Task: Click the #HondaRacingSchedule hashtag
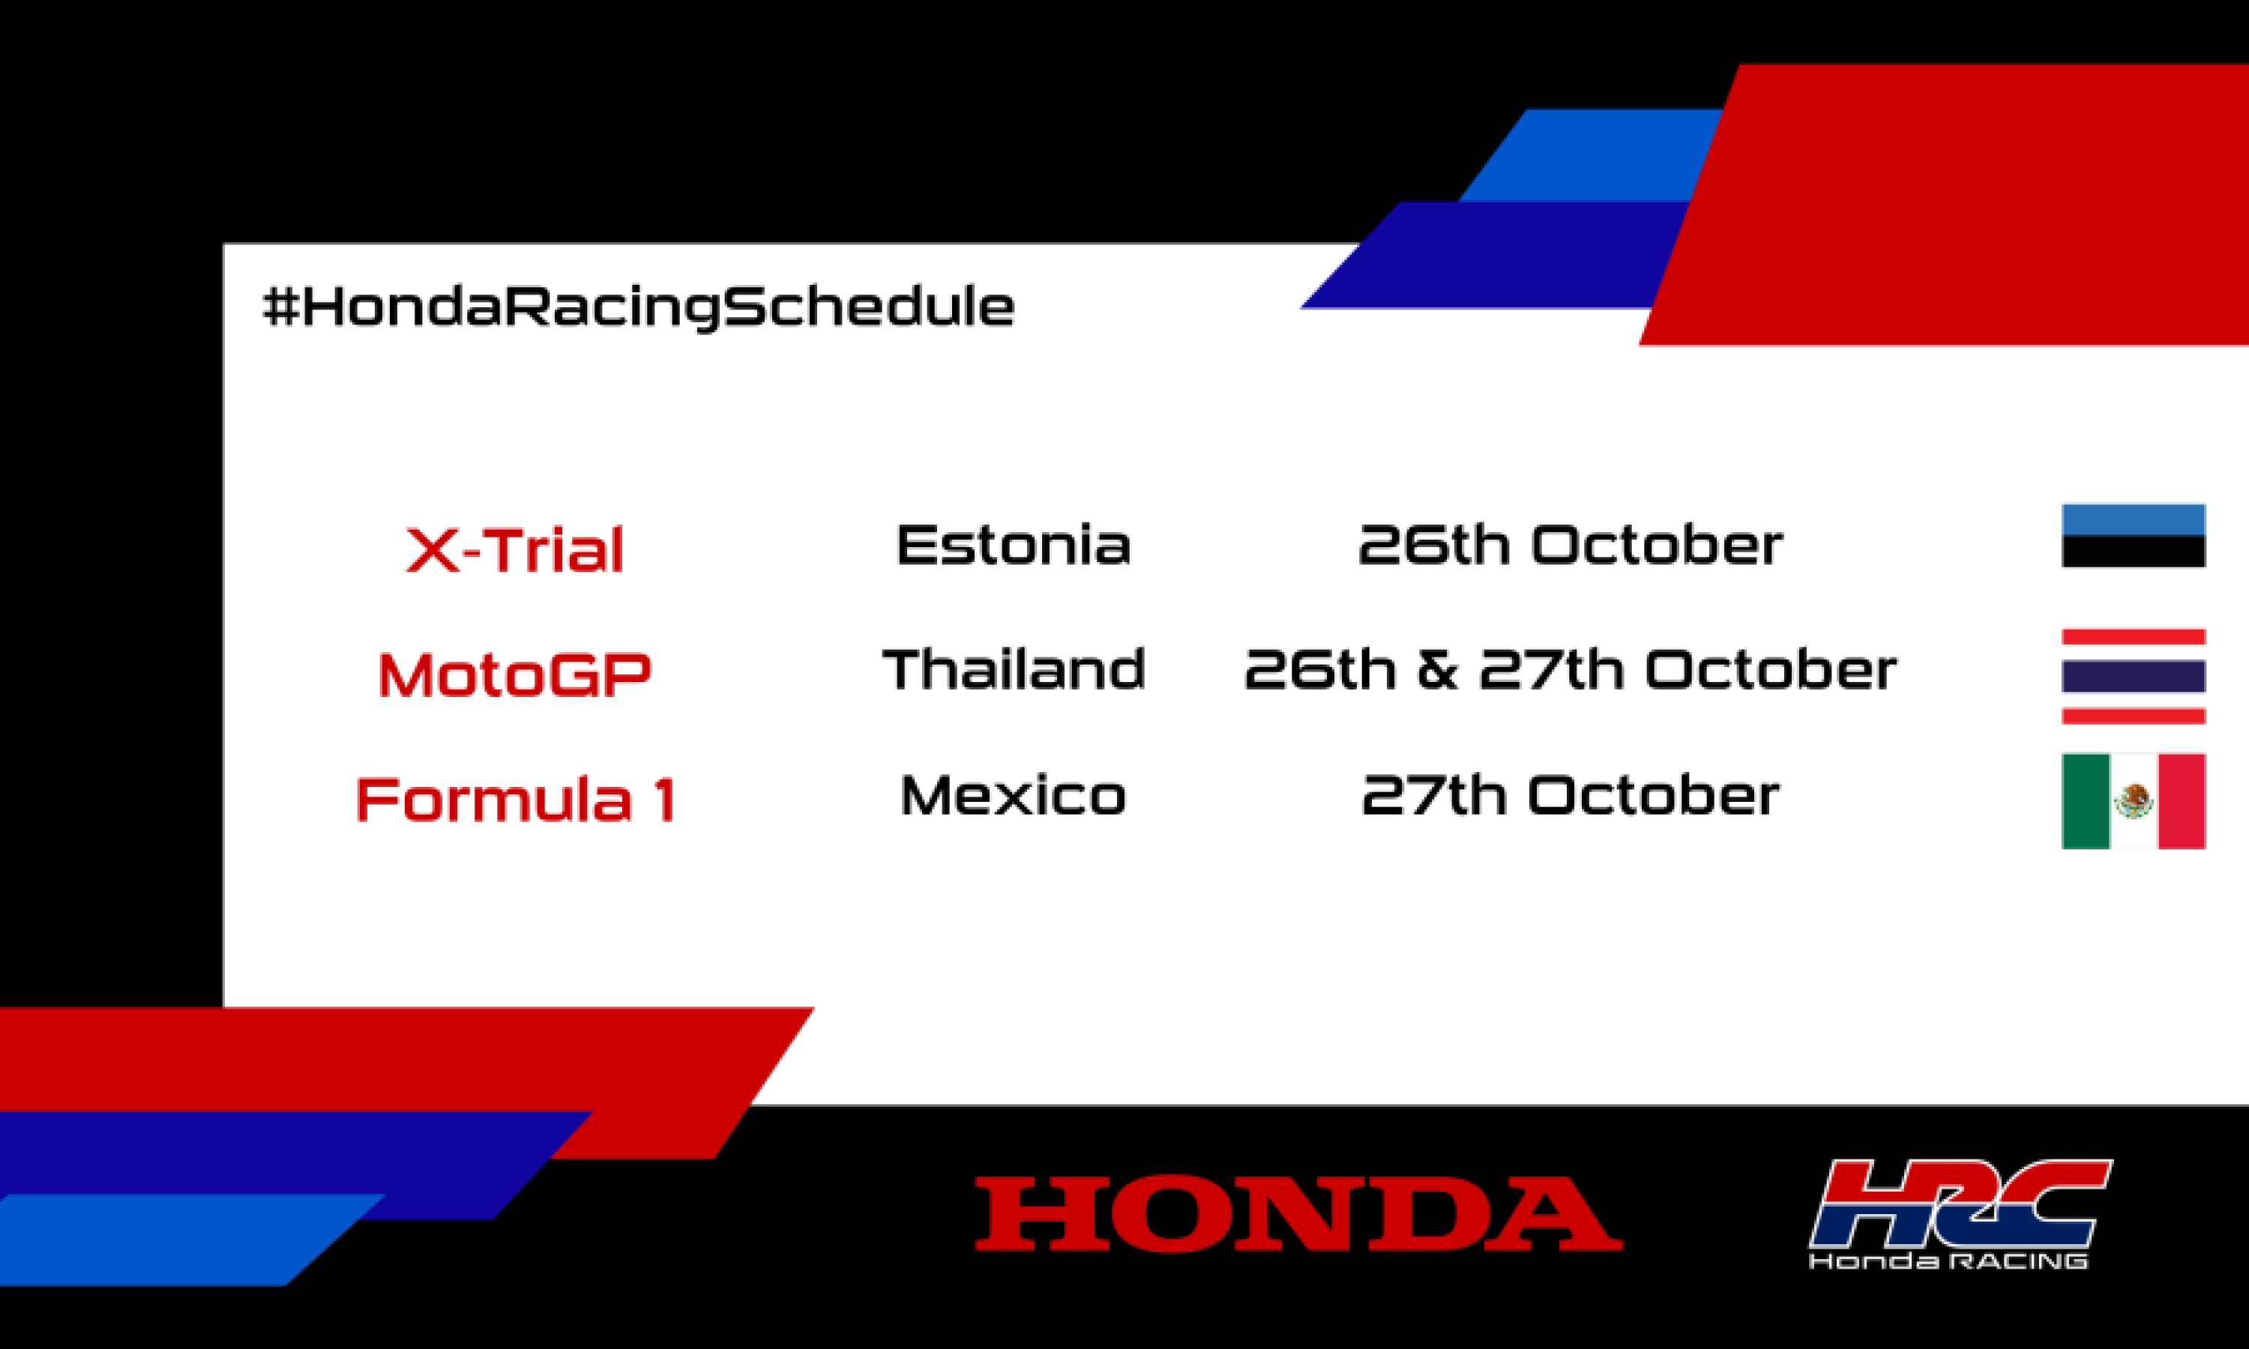pos(638,307)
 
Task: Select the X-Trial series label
pos(514,550)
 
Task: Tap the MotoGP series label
pos(514,675)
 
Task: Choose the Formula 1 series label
pos(514,800)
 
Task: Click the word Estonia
pos(1013,546)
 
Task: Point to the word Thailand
pos(1013,670)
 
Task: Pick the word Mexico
pos(1013,795)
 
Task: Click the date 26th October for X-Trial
pos(1570,546)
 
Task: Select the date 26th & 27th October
pos(1570,670)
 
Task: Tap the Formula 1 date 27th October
pos(1570,795)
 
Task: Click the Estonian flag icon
pos(2133,535)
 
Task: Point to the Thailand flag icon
pos(2133,675)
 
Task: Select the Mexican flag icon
pos(2133,801)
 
